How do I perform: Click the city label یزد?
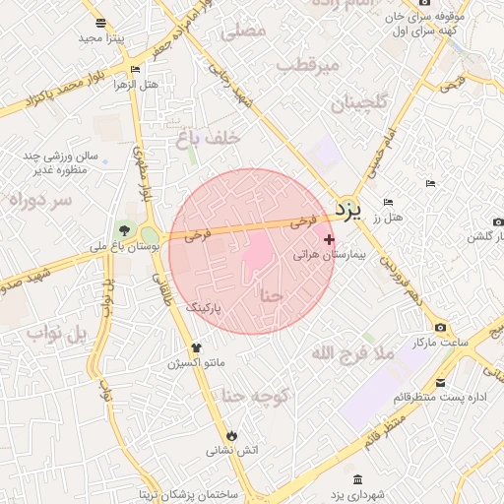coord(349,209)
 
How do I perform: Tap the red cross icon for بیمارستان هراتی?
coord(329,239)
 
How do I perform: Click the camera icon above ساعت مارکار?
coord(439,327)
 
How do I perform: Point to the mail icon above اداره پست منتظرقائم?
coord(440,383)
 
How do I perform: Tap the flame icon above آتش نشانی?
coord(231,435)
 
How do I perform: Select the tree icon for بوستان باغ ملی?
coord(124,231)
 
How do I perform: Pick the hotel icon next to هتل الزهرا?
coord(135,70)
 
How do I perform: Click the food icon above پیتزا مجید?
coord(101,23)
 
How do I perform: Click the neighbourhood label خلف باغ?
coord(208,139)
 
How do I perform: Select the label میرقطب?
coord(308,65)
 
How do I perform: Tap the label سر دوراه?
coord(40,200)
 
